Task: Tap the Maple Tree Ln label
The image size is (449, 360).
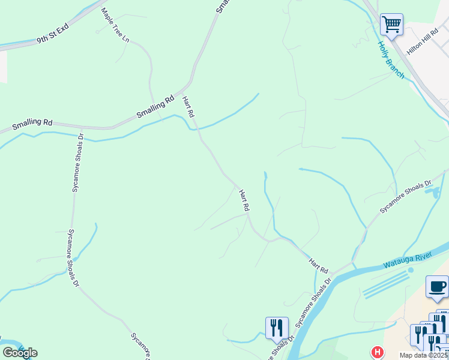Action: click(x=115, y=25)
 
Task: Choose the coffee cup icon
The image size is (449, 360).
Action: click(x=437, y=286)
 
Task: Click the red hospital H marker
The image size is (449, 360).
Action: click(x=377, y=352)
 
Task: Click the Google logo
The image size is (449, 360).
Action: click(x=20, y=352)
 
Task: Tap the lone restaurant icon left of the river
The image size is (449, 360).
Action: click(x=277, y=328)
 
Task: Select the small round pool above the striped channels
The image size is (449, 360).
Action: click(x=411, y=270)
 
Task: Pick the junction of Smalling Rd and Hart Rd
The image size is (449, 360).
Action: click(x=190, y=85)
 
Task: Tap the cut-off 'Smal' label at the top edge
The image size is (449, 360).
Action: click(x=221, y=6)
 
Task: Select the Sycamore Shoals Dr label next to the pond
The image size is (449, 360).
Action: click(x=405, y=196)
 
